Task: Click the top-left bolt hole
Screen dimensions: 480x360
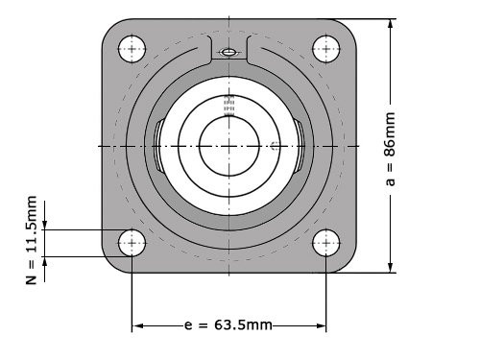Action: coord(132,49)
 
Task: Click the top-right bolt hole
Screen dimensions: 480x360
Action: coord(325,49)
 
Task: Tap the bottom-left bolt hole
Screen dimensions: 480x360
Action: coord(132,243)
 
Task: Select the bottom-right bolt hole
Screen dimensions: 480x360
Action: coord(325,243)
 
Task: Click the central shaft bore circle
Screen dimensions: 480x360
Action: coord(229,146)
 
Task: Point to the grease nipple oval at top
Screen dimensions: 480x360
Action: coord(229,52)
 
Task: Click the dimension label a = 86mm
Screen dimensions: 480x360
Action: coord(390,149)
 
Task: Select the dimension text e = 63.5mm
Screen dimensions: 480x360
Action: coord(228,325)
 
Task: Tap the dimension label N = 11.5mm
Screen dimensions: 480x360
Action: coord(32,240)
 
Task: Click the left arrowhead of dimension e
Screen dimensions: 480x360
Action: coord(137,325)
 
